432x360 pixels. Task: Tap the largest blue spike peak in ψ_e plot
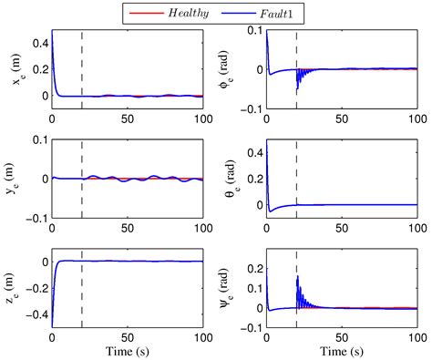point(297,276)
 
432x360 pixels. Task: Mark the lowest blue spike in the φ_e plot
point(297,94)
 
